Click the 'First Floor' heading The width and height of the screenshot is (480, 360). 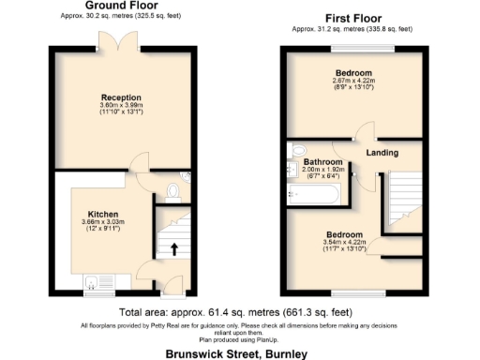click(353, 18)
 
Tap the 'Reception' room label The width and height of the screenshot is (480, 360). click(121, 96)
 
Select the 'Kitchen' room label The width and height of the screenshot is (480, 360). click(102, 214)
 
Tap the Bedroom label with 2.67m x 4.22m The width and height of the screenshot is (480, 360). click(353, 72)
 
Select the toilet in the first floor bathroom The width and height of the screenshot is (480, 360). click(299, 149)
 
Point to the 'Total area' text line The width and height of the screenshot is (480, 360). click(235, 312)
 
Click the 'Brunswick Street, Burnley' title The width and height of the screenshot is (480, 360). click(235, 353)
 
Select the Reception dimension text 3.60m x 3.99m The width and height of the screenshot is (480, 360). click(122, 104)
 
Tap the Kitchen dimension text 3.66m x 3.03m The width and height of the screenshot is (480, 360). click(102, 222)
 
